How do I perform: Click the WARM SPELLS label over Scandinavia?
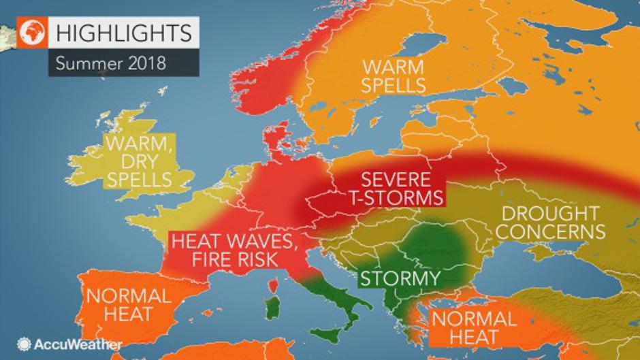pos(394,76)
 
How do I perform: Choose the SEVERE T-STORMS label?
pos(396,189)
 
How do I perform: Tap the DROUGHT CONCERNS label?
pos(552,223)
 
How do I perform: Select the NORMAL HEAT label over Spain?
pos(128,306)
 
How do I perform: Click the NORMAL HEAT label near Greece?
pos(474,327)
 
